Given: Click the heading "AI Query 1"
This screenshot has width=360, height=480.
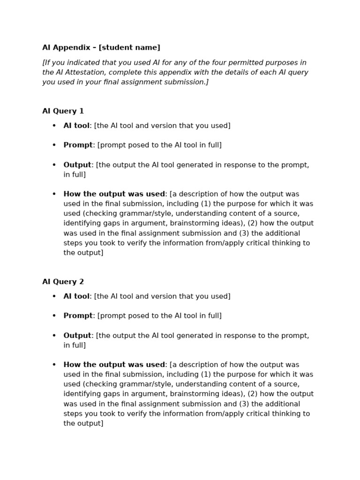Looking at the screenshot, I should click(x=63, y=111).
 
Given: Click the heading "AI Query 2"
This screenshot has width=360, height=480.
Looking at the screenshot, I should click(x=63, y=282).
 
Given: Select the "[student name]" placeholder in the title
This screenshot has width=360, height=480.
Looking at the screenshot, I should click(x=129, y=47).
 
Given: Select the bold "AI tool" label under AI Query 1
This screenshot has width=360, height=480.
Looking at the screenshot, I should click(x=76, y=126).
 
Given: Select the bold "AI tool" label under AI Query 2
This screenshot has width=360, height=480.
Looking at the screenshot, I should click(x=76, y=296).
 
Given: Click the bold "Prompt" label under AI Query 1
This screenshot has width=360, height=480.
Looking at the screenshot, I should click(x=78, y=145).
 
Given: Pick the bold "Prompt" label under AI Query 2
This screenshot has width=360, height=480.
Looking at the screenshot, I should click(x=78, y=316).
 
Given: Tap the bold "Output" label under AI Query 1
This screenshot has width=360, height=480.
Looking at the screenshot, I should click(x=77, y=165).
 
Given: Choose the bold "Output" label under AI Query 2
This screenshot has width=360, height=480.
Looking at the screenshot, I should click(x=77, y=336).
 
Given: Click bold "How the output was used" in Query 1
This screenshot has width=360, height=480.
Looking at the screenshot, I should click(x=114, y=194).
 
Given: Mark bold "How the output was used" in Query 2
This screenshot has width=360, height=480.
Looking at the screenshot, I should click(x=114, y=365).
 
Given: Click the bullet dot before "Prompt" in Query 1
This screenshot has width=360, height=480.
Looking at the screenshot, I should click(x=54, y=145).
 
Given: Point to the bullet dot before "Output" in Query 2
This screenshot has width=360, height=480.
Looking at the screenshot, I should click(x=54, y=336).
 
